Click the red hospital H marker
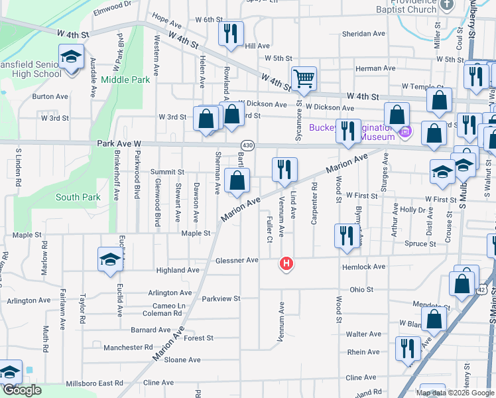(286, 264)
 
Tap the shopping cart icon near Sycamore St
(304, 78)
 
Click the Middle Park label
(126, 80)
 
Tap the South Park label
(78, 197)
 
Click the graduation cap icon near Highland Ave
(110, 259)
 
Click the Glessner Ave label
(237, 260)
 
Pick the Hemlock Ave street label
(364, 267)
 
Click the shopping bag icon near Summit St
(237, 180)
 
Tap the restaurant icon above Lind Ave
(284, 169)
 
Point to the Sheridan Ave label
(363, 34)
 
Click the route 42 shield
(484, 290)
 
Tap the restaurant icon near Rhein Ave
(408, 348)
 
